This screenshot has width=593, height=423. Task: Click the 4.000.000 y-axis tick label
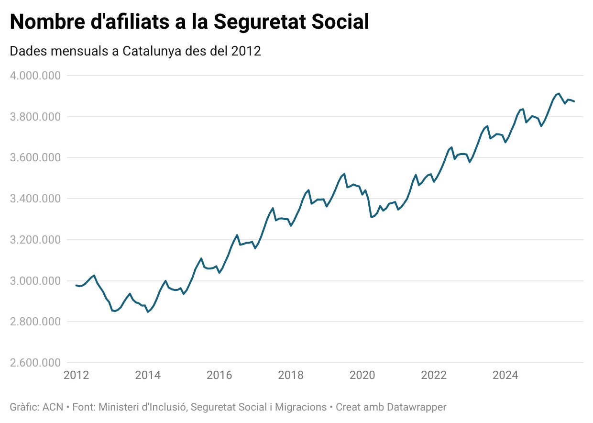pos(33,76)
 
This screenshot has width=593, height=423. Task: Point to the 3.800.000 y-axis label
pos(33,117)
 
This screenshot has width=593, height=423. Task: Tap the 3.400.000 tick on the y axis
pos(33,199)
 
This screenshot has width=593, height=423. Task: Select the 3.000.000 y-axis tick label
pos(33,281)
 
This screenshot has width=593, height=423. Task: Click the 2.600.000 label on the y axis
pos(33,363)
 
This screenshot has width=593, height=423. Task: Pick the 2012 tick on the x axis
pos(76,375)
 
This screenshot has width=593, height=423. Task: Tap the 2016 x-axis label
pos(219,375)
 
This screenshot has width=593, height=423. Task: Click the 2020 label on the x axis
pos(362,375)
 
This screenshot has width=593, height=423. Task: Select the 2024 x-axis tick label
pos(505,375)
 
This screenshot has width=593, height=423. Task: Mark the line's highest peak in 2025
pos(559,93)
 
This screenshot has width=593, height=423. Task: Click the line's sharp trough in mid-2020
pos(371,217)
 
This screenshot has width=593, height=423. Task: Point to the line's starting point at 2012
pos(76,285)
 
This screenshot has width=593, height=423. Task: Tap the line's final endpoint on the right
pos(574,101)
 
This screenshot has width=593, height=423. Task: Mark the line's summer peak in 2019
pos(344,174)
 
